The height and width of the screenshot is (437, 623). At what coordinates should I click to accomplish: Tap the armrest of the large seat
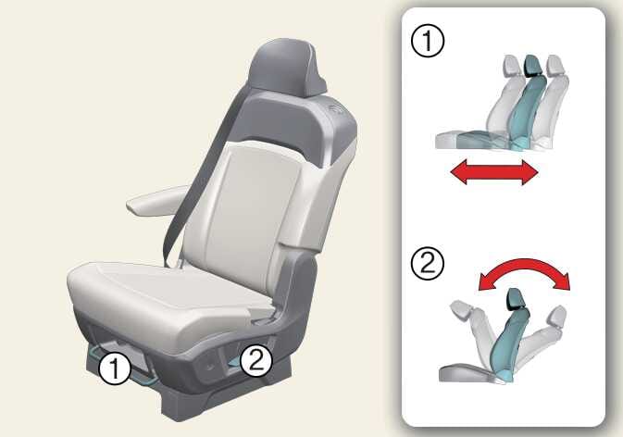(157, 200)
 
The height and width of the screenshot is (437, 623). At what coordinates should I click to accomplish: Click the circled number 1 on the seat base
(115, 368)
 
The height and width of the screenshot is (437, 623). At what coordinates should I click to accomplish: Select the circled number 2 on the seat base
(256, 361)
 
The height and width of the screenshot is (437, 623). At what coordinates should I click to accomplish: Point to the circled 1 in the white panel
(428, 41)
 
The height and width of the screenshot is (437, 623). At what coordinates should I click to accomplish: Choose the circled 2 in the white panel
(428, 264)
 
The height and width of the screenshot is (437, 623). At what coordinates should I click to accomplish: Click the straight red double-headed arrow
(494, 172)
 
